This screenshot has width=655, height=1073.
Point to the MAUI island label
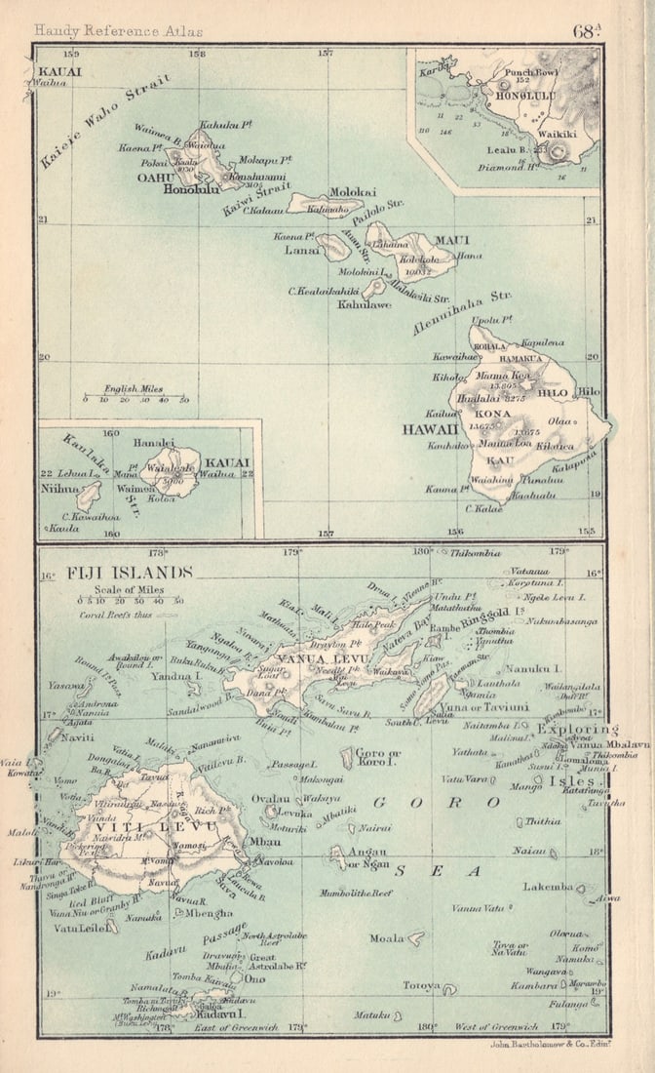coord(451,239)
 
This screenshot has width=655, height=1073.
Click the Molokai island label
coord(353,192)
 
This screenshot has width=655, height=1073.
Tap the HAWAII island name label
coord(429,428)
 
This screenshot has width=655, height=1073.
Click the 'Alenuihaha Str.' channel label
coord(460,312)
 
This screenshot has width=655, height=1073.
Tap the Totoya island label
coord(422,985)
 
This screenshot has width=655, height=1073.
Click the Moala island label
coord(386,938)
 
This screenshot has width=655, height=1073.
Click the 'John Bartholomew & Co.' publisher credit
coord(546,1043)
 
